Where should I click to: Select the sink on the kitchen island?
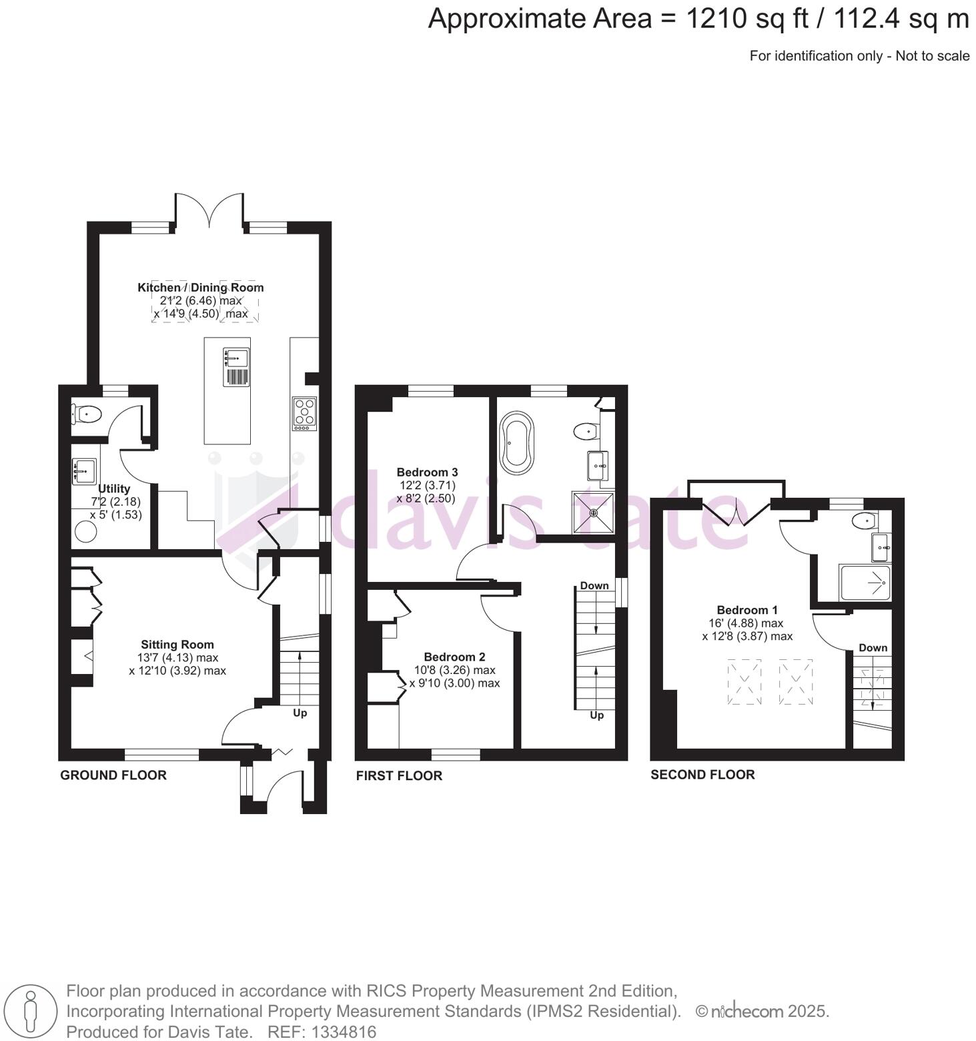[x=235, y=358]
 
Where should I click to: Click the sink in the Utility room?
[x=84, y=470]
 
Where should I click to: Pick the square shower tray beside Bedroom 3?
[x=593, y=512]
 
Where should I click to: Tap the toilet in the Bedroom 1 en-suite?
[x=865, y=520]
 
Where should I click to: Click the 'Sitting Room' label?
[x=177, y=645]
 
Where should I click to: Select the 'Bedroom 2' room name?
[x=454, y=657]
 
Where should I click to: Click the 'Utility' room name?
[x=114, y=488]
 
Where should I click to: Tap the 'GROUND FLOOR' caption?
[x=113, y=775]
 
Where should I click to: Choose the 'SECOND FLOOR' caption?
[x=702, y=775]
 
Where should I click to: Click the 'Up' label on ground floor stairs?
[x=300, y=713]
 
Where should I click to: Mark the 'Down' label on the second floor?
[x=873, y=647]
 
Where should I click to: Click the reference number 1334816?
[x=322, y=1032]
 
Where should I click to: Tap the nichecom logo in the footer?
[x=747, y=1012]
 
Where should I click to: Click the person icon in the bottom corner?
[x=29, y=1011]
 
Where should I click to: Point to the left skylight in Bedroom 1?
[x=744, y=681]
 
